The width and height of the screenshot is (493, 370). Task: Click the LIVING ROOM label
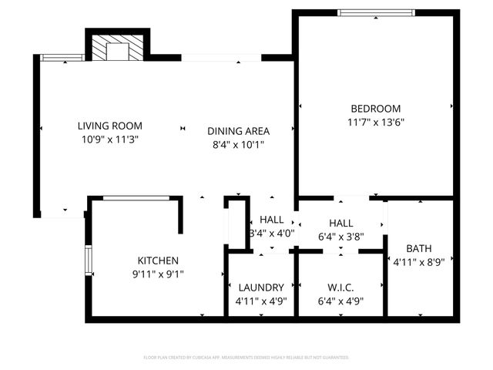point(109,126)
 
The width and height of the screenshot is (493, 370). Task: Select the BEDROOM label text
point(375,109)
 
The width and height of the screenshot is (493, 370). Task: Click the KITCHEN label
point(158,261)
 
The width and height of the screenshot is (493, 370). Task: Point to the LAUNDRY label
point(260,288)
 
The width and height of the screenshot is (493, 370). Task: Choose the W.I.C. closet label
point(340,288)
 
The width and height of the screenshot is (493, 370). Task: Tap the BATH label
point(419,248)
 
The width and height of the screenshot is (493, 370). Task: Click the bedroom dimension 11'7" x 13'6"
point(375,122)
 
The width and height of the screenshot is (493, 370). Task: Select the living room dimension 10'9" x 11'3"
point(109,140)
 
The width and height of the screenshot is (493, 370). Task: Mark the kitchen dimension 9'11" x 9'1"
point(158,274)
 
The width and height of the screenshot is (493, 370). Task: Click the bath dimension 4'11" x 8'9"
point(419,261)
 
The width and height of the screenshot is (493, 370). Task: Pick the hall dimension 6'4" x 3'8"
point(340,237)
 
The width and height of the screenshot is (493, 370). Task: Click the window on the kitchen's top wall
point(136,198)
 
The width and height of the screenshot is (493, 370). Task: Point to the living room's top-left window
point(61,57)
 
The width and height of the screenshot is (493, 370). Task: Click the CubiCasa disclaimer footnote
point(246,358)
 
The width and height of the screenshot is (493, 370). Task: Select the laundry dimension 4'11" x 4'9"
point(260,301)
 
